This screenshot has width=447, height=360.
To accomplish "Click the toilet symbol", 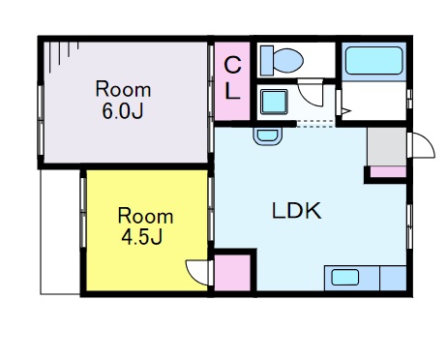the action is (283, 61).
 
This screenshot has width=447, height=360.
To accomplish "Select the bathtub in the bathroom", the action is (374, 61).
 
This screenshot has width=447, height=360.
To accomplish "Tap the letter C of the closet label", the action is (232, 65).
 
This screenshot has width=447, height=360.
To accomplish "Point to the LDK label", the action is (297, 211).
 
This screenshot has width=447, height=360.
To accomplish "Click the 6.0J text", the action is (123, 111).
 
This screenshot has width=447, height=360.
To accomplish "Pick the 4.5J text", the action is (142, 237).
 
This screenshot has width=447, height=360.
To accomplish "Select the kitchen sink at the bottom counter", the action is (345, 278).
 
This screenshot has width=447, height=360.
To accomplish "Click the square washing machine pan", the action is (274, 102).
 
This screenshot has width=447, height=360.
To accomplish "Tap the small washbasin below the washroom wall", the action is (268, 136).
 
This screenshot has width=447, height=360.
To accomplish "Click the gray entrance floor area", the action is (387, 147).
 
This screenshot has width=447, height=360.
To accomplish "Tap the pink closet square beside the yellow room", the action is (232, 273).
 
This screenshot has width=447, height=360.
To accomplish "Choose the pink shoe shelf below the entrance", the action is (388, 171).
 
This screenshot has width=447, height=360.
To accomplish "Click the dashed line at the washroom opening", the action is (315, 124).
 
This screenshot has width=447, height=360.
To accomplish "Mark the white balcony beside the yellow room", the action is (60, 232).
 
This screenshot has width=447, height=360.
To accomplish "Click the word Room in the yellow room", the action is (145, 216).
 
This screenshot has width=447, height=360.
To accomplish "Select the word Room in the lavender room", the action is (123, 89).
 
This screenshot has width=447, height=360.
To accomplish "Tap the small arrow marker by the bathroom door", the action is (346, 111).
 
